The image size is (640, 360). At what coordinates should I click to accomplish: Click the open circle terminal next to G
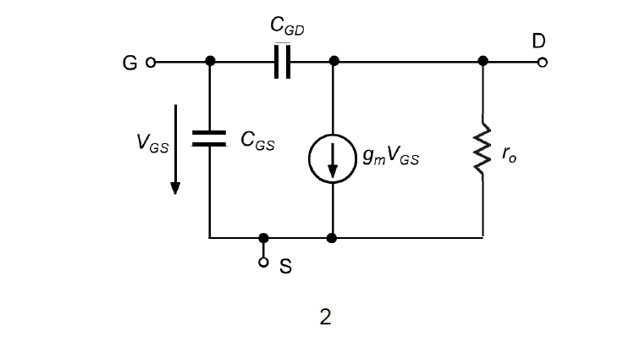click(151, 62)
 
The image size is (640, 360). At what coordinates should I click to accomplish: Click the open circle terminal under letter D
click(542, 62)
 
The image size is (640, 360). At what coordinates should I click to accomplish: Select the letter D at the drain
click(539, 41)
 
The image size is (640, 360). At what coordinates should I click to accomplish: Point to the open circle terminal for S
click(264, 263)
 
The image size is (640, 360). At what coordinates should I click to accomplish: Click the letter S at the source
click(285, 267)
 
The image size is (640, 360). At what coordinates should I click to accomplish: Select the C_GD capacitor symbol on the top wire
click(283, 62)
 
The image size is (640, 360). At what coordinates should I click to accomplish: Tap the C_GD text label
click(287, 28)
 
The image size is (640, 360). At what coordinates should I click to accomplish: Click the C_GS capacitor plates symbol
click(209, 139)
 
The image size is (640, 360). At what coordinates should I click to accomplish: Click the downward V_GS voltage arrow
click(175, 149)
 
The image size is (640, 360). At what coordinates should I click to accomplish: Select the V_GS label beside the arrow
click(152, 144)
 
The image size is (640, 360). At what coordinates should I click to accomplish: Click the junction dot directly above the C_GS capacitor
click(209, 62)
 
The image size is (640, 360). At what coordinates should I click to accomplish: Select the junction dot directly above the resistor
click(483, 62)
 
